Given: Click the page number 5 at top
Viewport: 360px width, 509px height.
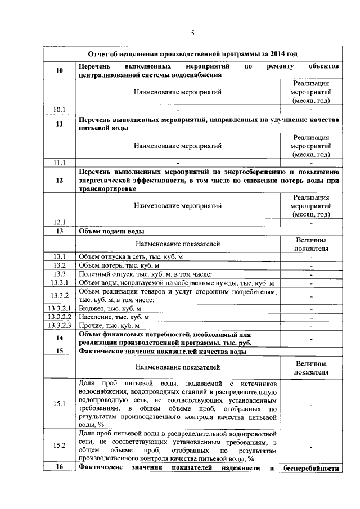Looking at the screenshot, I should pos(192,33).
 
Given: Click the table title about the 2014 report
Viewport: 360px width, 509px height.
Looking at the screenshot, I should pos(192,53).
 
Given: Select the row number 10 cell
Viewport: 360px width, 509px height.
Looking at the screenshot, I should pos(60,70).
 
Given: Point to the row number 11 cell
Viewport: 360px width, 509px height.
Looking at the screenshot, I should pos(60,124).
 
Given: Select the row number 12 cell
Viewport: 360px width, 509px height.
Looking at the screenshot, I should pos(60,181).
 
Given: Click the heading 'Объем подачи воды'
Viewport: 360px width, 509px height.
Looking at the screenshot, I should pos(112,231).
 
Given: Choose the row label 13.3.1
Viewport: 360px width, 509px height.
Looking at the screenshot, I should pos(60,282).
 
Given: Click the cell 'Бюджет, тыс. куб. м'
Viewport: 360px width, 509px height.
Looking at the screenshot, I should pos(110,309).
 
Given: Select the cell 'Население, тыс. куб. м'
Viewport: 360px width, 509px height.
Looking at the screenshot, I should pos(114,317).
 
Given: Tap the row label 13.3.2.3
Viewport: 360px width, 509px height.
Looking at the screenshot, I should pos(60,326).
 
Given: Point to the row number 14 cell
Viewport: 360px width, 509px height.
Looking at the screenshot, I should pos(60,339).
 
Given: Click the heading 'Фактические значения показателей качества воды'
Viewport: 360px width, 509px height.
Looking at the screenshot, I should pos(163,352).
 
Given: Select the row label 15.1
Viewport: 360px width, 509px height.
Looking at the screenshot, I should pos(60,404).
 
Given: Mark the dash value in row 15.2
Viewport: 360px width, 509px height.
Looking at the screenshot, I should pos(310,447).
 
